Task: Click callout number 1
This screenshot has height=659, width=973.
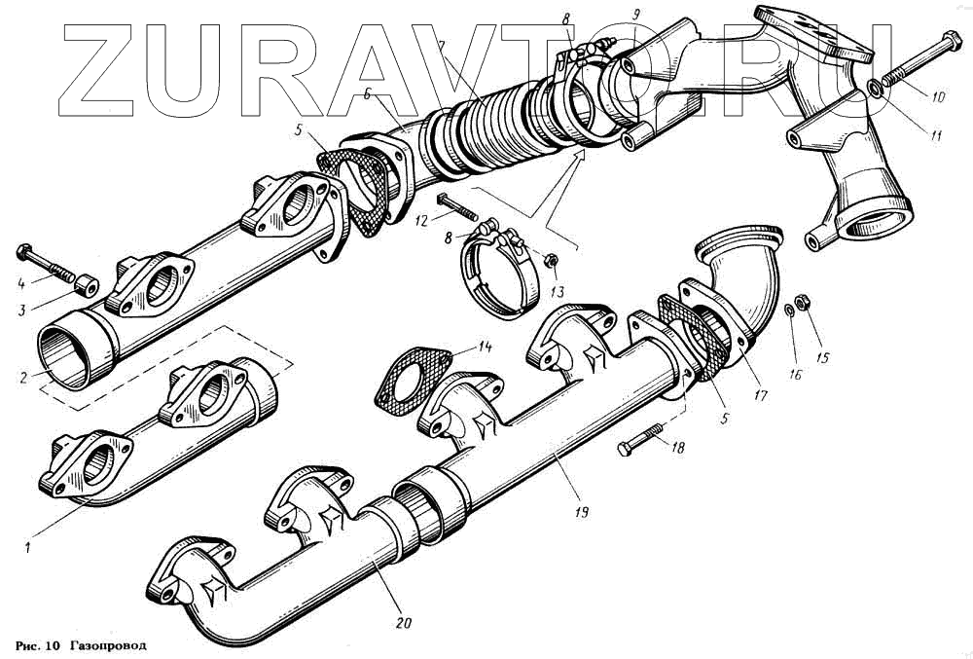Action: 28,547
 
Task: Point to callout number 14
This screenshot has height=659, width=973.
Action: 485,346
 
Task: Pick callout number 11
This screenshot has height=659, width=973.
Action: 935,136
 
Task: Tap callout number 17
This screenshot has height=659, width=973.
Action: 759,396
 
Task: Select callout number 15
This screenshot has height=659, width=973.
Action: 822,358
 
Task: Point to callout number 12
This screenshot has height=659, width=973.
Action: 420,222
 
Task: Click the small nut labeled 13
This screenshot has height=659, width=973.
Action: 551,260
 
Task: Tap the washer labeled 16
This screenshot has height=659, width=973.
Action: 789,311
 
